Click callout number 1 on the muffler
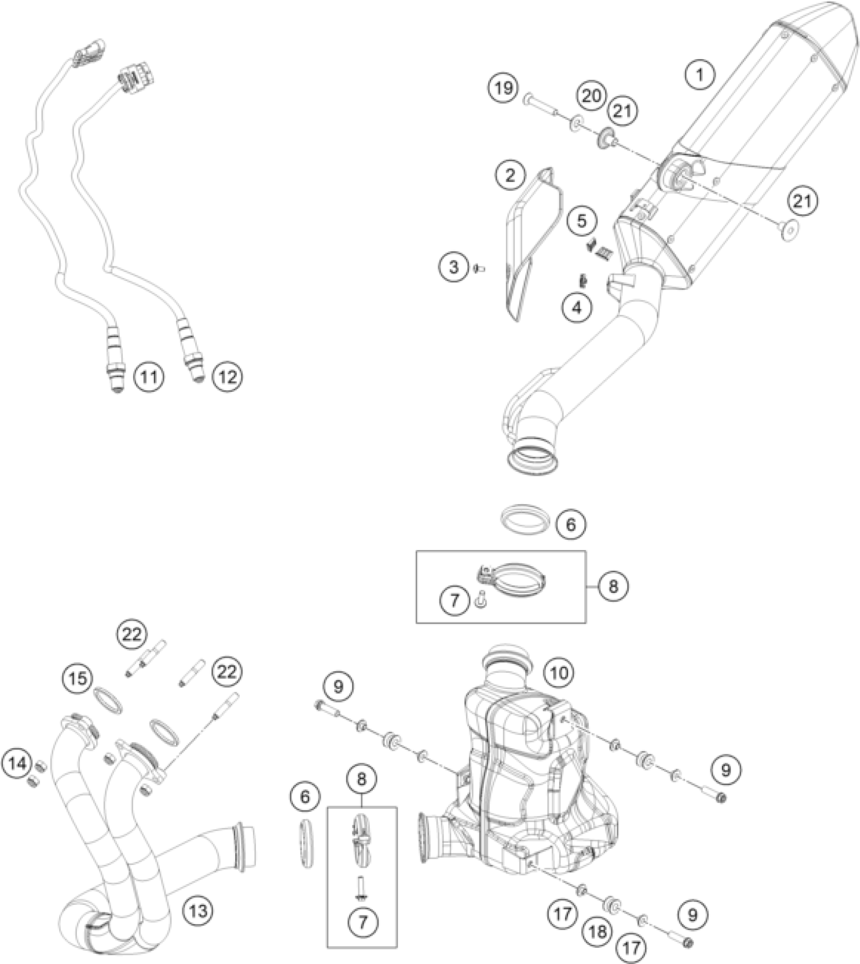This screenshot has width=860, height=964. click(700, 75)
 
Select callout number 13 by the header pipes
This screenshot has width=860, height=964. click(198, 911)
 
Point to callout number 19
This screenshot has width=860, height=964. click(503, 88)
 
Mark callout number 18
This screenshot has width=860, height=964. click(597, 931)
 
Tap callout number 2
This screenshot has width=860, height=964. click(510, 175)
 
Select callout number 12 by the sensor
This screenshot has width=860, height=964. click(227, 376)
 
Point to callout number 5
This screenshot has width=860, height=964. click(581, 221)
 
